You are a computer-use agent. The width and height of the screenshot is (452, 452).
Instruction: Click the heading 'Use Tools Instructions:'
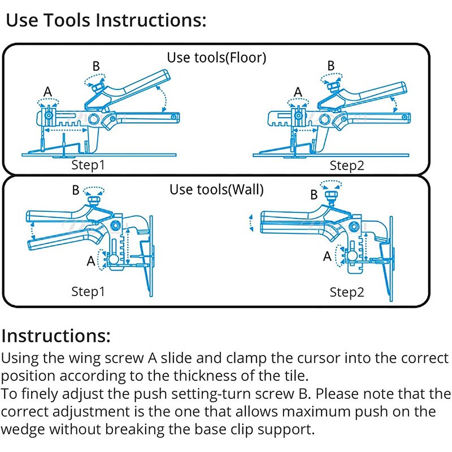point(105,21)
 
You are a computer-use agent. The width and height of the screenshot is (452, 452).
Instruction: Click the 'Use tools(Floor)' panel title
point(216,57)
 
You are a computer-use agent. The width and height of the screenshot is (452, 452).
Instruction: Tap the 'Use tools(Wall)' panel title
point(216,189)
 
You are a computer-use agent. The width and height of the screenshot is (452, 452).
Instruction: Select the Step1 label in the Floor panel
point(88,165)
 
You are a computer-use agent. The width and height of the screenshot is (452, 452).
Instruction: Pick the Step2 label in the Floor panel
point(347,165)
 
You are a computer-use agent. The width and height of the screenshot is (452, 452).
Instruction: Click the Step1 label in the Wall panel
point(88,292)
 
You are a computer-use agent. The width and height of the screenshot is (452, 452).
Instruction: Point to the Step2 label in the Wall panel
point(347,292)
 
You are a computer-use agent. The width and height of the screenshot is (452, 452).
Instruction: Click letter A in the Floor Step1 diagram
point(48,91)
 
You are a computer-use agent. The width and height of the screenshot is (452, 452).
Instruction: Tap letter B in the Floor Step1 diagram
point(96,66)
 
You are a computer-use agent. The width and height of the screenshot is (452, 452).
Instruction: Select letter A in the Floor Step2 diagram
point(298,91)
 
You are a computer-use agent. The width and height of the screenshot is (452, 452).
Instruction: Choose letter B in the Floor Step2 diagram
point(331,66)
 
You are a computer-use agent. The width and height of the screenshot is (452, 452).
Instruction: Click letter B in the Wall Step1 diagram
point(76,190)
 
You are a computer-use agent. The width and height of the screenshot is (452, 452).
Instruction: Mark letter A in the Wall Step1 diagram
point(90,261)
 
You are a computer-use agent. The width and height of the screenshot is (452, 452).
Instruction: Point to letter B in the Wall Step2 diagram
point(314,195)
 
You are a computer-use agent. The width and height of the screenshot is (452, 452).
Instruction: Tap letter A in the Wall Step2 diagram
point(327,256)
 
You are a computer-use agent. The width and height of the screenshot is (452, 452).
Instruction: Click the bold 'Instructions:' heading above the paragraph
point(56,336)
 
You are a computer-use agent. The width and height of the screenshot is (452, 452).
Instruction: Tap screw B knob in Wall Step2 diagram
point(332,195)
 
